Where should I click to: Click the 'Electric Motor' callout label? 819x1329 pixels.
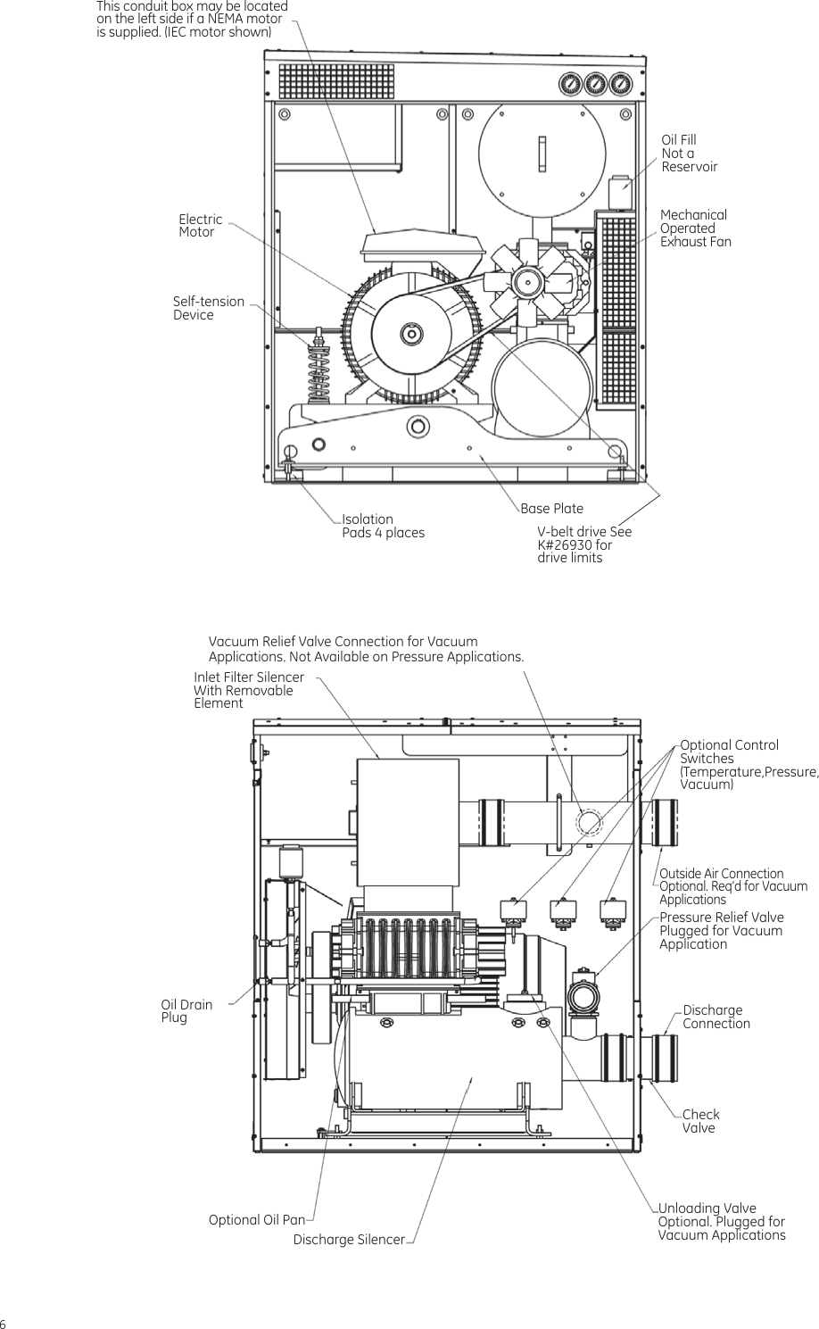(x=200, y=226)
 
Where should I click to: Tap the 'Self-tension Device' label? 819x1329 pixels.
(x=208, y=308)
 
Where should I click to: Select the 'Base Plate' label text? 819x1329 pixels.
(x=551, y=509)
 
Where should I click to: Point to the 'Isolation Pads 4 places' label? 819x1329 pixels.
(x=383, y=526)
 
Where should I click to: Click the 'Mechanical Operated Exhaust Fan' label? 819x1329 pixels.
(x=695, y=228)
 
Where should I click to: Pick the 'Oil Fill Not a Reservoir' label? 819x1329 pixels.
(x=689, y=154)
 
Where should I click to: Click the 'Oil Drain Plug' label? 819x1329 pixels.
(x=186, y=1011)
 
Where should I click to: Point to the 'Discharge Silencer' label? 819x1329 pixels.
(x=349, y=1240)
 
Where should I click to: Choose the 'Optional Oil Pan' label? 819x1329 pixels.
(x=256, y=1219)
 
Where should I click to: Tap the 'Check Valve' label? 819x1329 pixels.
(x=700, y=1121)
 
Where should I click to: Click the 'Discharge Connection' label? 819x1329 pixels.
(x=716, y=1017)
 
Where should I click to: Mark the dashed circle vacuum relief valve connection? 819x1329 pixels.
(x=589, y=821)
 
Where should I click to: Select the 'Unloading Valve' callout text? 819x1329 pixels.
(x=707, y=1209)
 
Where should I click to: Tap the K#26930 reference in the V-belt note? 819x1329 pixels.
(x=565, y=544)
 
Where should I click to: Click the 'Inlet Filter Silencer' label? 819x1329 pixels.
(x=248, y=677)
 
